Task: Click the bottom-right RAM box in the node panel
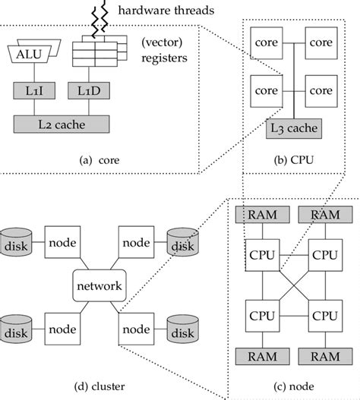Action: [324, 355]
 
